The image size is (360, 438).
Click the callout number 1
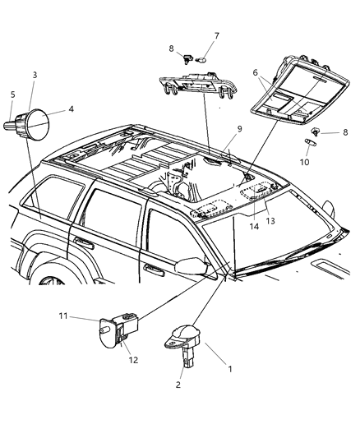(x=230, y=369)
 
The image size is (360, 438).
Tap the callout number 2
(x=178, y=384)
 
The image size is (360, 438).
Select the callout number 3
(x=35, y=76)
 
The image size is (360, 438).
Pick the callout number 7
(x=194, y=35)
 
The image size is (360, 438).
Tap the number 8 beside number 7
(x=171, y=48)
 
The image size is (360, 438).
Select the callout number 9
(x=239, y=128)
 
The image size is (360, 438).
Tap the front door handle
(x=153, y=268)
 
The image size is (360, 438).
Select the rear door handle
(x=82, y=242)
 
